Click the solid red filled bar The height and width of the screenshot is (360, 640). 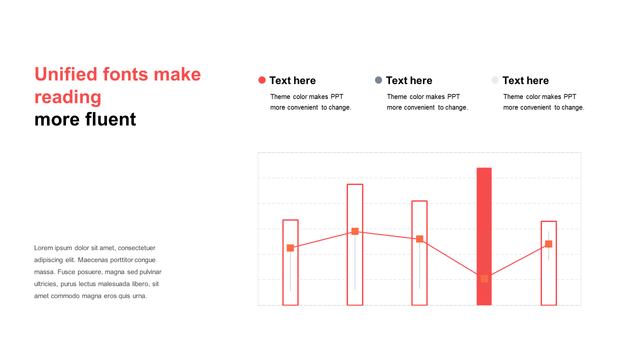coord(484,236)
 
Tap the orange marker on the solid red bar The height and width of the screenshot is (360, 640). coord(484,278)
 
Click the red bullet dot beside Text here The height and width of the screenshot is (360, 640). coord(262,80)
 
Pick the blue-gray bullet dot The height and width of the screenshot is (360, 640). coord(378,80)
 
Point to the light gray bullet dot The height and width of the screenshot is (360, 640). coord(495,80)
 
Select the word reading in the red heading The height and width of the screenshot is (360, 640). coord(67,97)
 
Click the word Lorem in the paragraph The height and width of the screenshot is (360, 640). coord(43,247)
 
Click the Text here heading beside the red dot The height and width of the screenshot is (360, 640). coord(292,80)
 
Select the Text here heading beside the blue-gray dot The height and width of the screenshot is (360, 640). coord(409,80)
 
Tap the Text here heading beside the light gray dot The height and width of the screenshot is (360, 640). coord(525,80)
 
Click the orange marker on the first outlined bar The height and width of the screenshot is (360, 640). coord(290,248)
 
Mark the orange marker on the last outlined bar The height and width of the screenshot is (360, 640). coord(548,243)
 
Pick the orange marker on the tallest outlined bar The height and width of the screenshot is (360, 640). coord(355,231)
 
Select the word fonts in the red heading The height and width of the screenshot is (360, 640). coord(125,74)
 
